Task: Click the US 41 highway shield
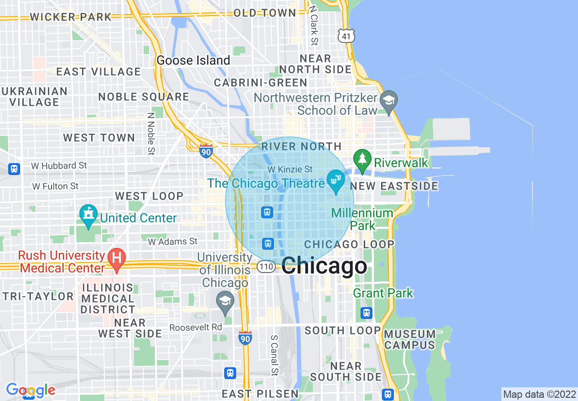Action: pos(346,35)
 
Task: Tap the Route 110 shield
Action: pos(266,267)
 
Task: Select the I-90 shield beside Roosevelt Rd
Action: pos(245,337)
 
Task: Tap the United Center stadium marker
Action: pos(88,216)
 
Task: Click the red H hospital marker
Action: pos(116,258)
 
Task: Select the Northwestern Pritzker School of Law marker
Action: pos(389,100)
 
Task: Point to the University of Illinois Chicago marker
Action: pos(225,303)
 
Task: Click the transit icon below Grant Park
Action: pos(366,313)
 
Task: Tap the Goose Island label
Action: pos(193,60)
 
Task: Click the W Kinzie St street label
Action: pos(290,170)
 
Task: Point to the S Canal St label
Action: pos(274,356)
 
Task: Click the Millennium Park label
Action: pos(362,219)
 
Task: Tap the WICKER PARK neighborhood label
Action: pos(71,17)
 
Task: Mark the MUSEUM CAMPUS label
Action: pos(410,339)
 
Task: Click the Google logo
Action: pos(31,390)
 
